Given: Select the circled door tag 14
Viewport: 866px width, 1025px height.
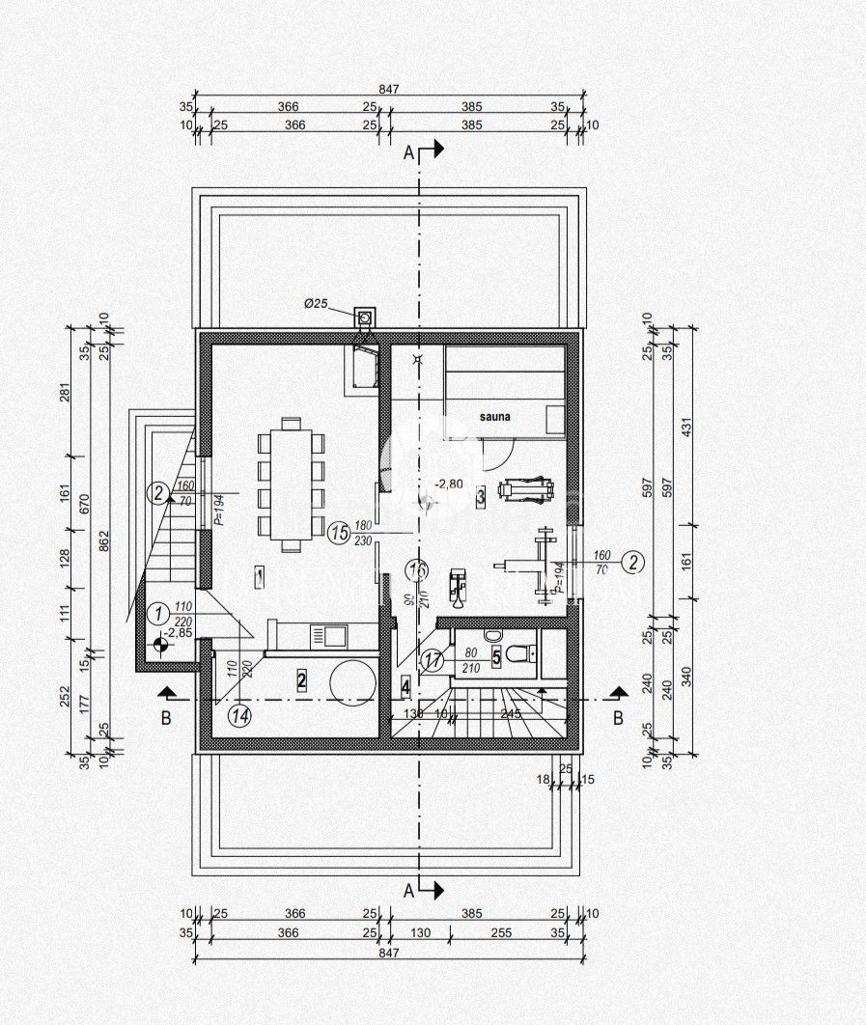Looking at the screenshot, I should coord(240,715).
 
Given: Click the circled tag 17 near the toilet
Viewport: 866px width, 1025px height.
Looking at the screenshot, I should coord(433,661).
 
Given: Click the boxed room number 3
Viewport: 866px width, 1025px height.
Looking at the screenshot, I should coord(480,497).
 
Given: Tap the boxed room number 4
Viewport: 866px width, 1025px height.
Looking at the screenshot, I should coord(405,688).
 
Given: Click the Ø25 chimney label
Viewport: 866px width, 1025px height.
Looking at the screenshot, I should coord(317,304).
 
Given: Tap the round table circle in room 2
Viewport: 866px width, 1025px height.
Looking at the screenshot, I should coord(352,680).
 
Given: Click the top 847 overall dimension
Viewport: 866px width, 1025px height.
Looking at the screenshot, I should coord(389,88).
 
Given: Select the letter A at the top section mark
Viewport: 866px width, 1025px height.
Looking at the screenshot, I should coord(408,152).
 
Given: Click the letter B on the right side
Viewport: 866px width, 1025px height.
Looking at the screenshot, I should coord(619,718).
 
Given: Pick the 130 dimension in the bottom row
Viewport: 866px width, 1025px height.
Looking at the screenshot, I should coord(421,933).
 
